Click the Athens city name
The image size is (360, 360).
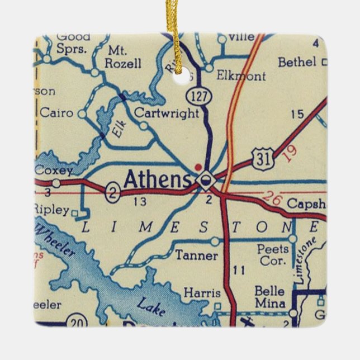(157, 179)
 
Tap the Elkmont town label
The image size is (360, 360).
(241, 76)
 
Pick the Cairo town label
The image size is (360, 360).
(56, 113)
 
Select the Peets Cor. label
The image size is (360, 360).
(273, 255)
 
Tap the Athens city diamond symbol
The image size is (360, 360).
(206, 179)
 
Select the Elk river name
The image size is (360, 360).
(117, 130)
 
